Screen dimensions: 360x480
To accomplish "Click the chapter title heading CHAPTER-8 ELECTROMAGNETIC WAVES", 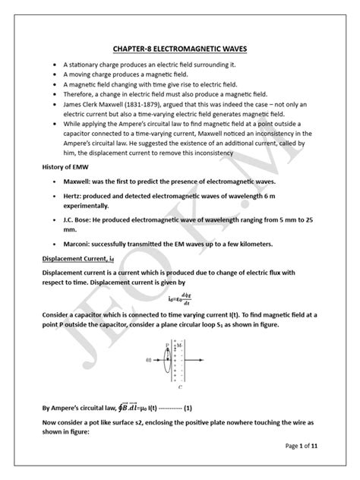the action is coord(180,49).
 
